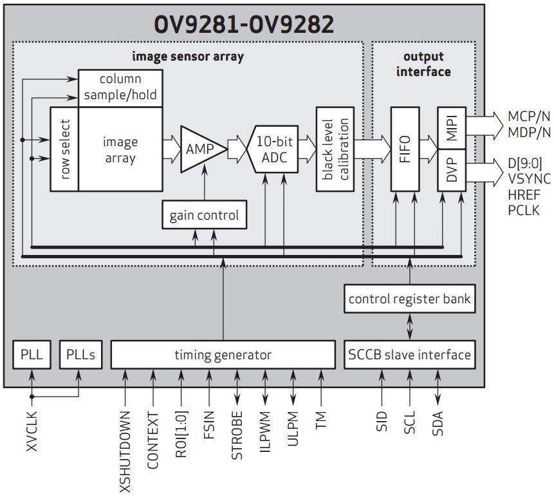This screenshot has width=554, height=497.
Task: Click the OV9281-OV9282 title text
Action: click(244, 24)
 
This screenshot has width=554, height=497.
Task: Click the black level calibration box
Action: click(335, 149)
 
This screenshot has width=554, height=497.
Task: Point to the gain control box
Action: click(204, 215)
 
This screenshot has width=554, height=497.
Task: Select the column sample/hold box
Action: click(120, 88)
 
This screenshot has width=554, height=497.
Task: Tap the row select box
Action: click(64, 149)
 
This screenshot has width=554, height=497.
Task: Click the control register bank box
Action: click(410, 299)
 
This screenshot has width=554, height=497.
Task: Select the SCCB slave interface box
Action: click(410, 355)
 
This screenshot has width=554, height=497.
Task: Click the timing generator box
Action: click(223, 355)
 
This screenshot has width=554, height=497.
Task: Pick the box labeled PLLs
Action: click(80, 355)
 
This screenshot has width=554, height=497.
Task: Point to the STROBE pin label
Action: click(237, 436)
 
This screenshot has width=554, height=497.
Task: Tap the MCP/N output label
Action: click(529, 117)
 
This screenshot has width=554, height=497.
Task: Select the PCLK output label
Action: click(523, 210)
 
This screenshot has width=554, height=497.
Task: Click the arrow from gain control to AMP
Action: click(204, 183)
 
